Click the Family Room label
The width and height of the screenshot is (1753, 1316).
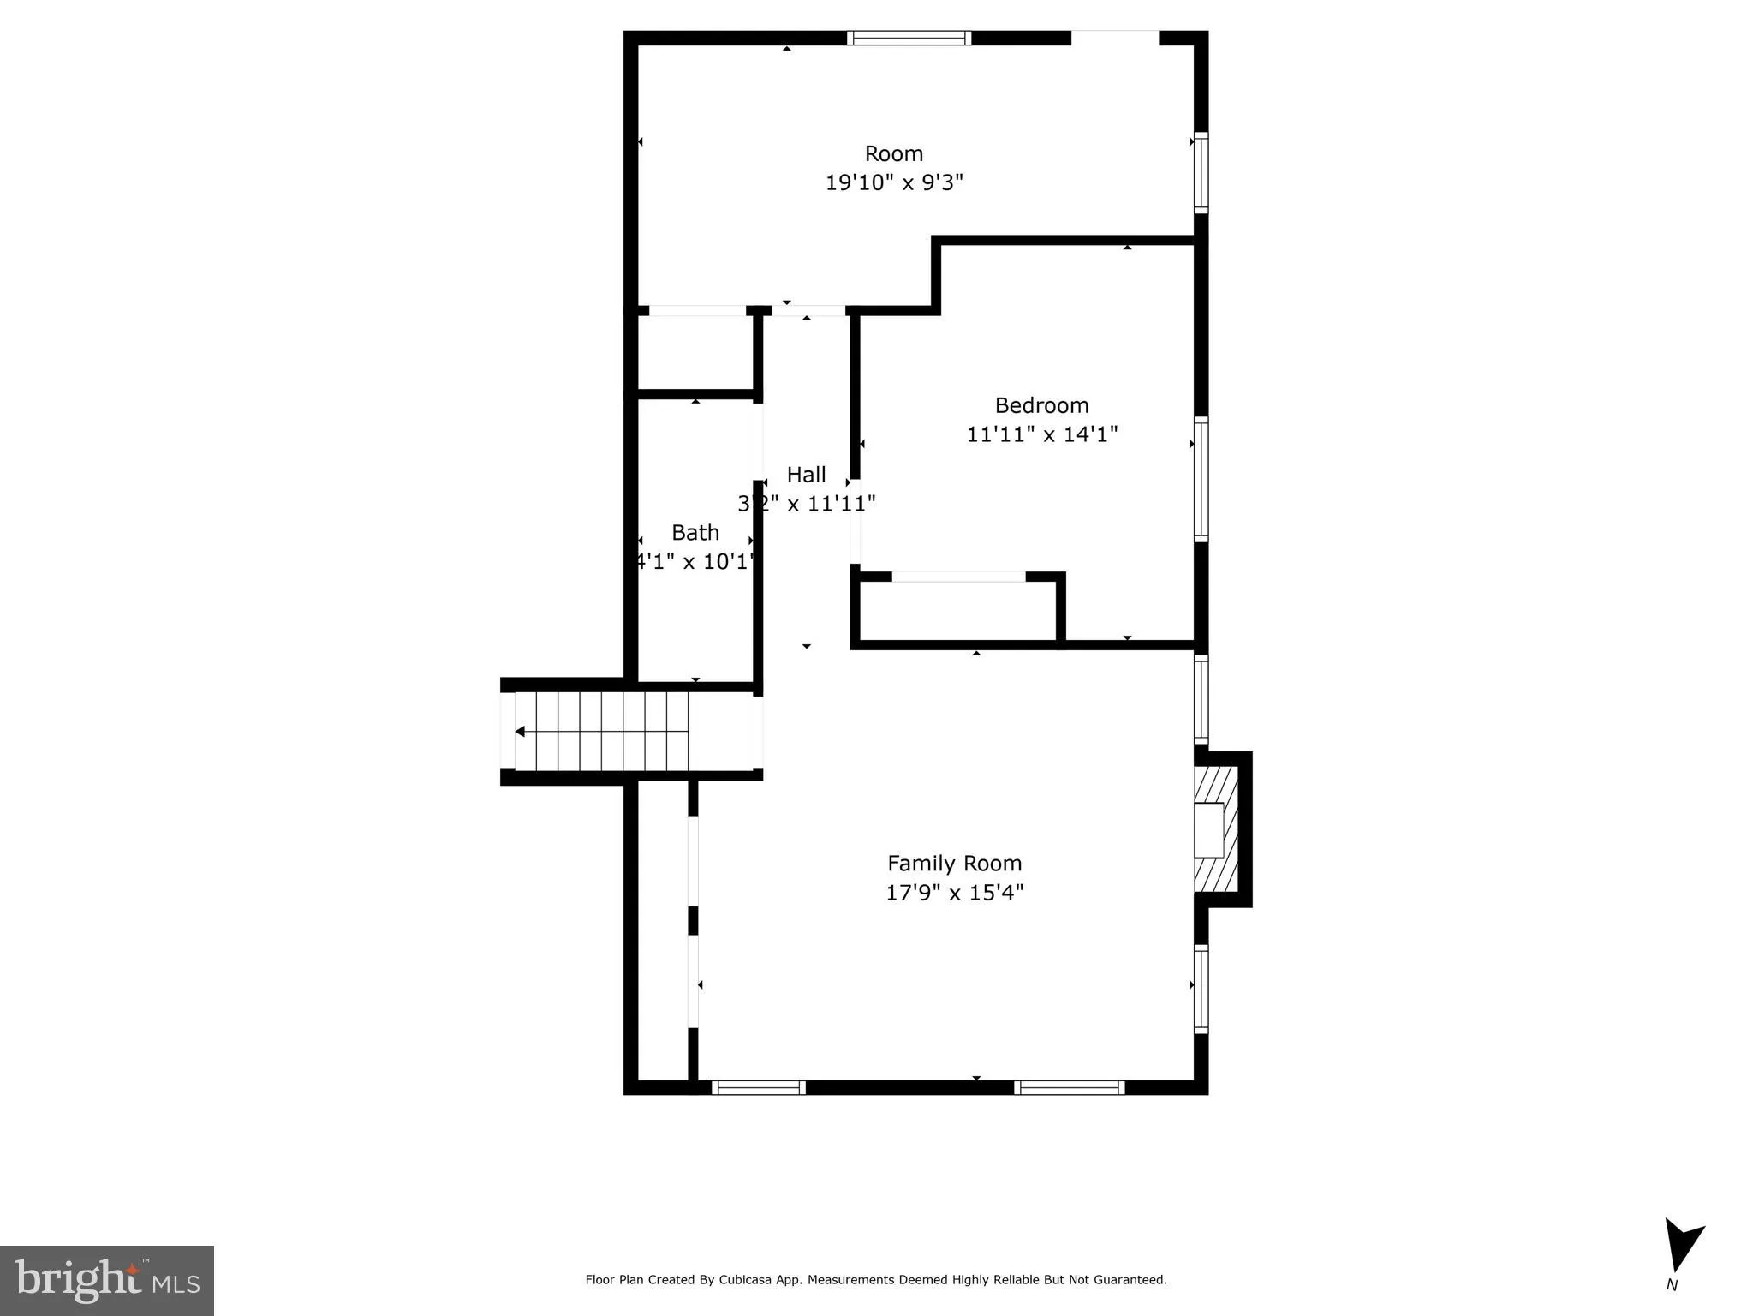[x=954, y=863]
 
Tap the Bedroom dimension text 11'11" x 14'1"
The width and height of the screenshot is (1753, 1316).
[x=1041, y=434]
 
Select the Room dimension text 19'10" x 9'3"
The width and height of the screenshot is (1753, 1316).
[x=894, y=182]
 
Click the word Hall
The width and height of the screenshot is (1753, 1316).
[x=806, y=475]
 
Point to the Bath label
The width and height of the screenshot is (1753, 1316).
[x=695, y=533]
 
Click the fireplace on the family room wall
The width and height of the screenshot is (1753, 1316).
[x=1215, y=828]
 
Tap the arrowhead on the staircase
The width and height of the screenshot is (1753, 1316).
[x=520, y=732]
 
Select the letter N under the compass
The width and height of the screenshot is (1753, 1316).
[x=1671, y=1285]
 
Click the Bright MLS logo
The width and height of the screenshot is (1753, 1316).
[x=106, y=1280]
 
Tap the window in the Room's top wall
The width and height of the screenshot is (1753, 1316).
[x=909, y=38]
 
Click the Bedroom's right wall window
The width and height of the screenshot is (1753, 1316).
[x=1201, y=479]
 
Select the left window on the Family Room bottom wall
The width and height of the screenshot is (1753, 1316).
[x=758, y=1087]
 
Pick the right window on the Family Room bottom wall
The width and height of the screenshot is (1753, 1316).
[x=1069, y=1087]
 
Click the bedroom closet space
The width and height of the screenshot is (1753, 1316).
[x=957, y=610]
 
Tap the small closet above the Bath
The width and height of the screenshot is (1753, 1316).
[x=695, y=352]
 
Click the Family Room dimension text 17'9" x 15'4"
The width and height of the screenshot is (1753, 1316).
[x=954, y=893]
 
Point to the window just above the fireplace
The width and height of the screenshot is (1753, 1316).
[x=1201, y=699]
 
